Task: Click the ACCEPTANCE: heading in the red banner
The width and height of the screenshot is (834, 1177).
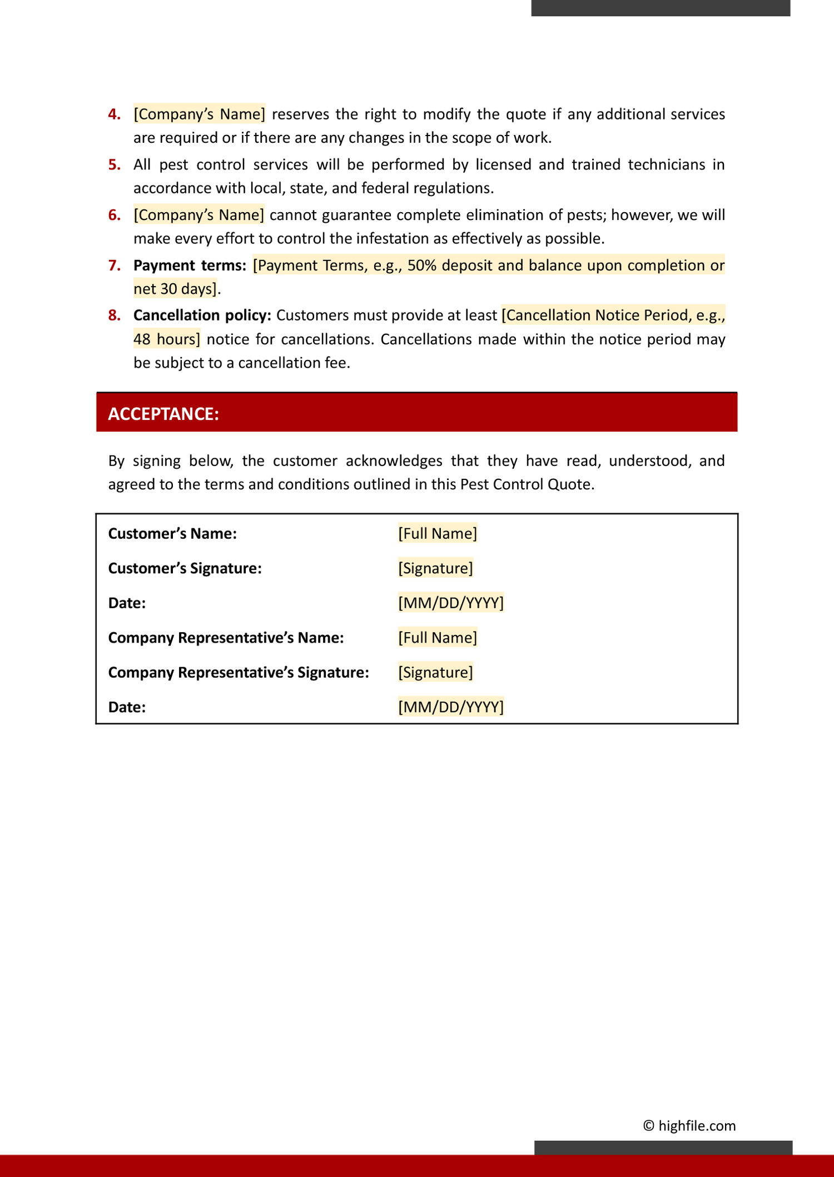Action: (x=163, y=414)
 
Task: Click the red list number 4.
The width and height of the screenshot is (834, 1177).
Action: (x=114, y=114)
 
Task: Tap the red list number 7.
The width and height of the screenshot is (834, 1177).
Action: (x=114, y=265)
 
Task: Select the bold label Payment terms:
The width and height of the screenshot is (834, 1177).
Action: (x=190, y=265)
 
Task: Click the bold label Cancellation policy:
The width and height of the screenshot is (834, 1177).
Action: (x=202, y=315)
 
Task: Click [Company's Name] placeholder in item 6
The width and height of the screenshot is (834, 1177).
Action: (x=198, y=214)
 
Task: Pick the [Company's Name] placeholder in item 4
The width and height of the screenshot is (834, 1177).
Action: (x=199, y=114)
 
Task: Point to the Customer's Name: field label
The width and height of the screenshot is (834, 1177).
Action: (x=172, y=533)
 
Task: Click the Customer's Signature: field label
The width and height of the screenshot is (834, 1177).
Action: (x=185, y=568)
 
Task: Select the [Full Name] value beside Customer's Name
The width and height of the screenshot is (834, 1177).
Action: (x=437, y=533)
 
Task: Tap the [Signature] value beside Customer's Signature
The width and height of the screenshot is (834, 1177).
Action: (x=435, y=568)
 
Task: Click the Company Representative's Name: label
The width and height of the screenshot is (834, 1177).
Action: (x=226, y=637)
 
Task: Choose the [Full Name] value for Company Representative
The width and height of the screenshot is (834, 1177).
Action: (x=437, y=637)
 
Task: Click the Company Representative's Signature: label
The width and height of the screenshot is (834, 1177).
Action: (x=239, y=672)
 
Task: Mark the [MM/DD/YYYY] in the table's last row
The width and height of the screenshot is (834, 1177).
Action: (x=450, y=707)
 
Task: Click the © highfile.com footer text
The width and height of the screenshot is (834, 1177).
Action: (x=689, y=1125)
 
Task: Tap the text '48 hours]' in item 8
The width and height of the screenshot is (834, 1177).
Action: (x=166, y=339)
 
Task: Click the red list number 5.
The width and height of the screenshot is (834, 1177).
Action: (x=114, y=164)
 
